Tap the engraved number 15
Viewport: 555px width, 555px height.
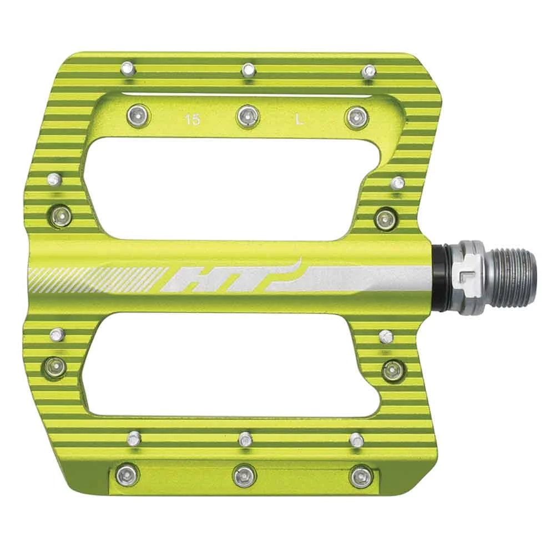[x=193, y=119]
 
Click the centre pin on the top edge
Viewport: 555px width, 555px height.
[x=248, y=70]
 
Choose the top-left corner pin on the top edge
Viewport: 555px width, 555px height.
[x=128, y=69]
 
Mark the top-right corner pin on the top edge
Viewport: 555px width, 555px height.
[x=367, y=72]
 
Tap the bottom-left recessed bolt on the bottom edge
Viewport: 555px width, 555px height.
[x=128, y=475]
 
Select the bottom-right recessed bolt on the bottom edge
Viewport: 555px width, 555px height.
[x=361, y=476]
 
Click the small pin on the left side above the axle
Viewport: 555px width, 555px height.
[x=54, y=179]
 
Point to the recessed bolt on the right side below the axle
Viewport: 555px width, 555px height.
[x=392, y=370]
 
